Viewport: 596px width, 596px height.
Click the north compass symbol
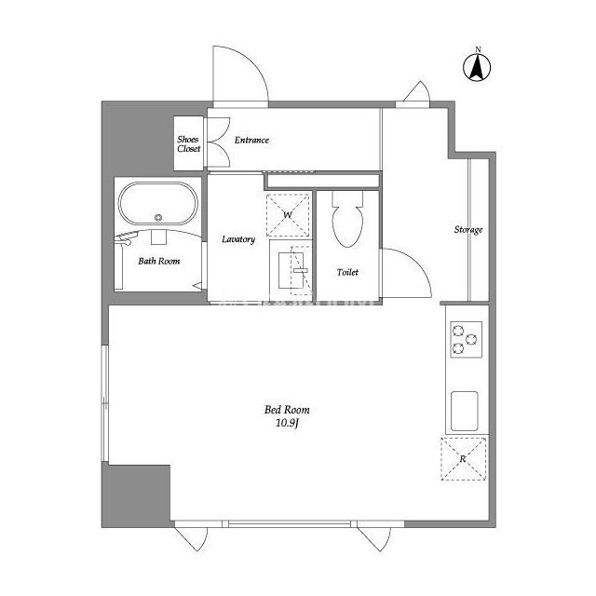[x=477, y=67]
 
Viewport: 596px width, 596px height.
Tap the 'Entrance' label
[x=251, y=141]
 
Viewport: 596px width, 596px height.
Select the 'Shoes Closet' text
[x=188, y=144]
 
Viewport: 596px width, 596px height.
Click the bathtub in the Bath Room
[x=158, y=203]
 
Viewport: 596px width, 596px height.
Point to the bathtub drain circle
[x=158, y=217]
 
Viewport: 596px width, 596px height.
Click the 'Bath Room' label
[x=159, y=261]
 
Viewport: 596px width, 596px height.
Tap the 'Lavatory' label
[x=238, y=239]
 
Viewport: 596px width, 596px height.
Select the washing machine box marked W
[x=288, y=215]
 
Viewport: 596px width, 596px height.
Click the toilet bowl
[x=347, y=226]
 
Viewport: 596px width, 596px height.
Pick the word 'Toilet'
[x=347, y=272]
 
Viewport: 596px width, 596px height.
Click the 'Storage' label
[x=468, y=230]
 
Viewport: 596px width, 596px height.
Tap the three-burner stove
[x=467, y=339]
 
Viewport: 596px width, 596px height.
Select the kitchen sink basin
[x=464, y=411]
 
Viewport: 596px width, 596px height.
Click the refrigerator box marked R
[x=464, y=459]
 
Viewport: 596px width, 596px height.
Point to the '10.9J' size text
[x=288, y=423]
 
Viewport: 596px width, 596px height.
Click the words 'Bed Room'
[x=287, y=410]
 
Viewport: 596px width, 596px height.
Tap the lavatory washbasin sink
[x=291, y=270]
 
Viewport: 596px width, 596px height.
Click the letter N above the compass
[x=478, y=49]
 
